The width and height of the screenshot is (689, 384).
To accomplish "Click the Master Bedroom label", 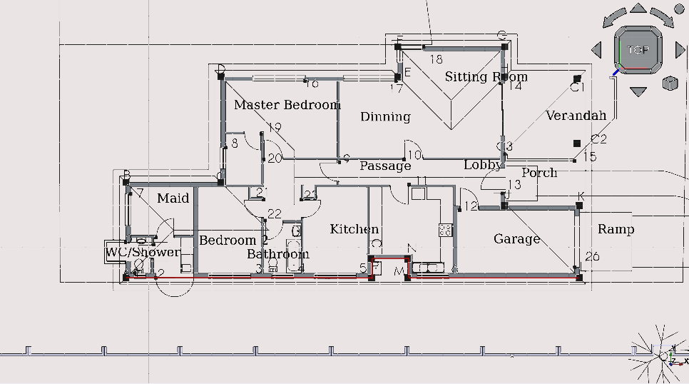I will [287, 105].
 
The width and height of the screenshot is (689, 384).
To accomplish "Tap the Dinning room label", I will [385, 116].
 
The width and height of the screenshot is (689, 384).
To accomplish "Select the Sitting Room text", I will [486, 76].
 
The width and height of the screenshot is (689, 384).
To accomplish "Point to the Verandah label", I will [576, 115].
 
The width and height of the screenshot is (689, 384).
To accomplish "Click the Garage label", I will [516, 238].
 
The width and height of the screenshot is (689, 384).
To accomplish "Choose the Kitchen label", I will [354, 228].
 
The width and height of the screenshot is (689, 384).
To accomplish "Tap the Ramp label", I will [616, 228].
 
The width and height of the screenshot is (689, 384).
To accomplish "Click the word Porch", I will [539, 173].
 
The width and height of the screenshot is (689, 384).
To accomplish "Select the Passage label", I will [385, 166].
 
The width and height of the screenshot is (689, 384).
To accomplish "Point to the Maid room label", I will [173, 197].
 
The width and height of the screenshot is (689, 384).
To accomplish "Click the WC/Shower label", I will [143, 252].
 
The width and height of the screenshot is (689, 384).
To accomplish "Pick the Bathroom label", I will [277, 253].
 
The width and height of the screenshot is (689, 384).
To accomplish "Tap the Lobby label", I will [483, 165].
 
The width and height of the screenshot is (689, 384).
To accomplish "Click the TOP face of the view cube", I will [638, 50].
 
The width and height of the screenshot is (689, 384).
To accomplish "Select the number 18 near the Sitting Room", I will [435, 59].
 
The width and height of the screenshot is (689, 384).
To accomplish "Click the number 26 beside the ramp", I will [592, 256].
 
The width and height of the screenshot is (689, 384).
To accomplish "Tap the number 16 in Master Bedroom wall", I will [312, 83].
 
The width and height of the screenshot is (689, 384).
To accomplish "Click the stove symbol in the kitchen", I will [446, 230].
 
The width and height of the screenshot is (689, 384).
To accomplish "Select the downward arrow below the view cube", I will [638, 91].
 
